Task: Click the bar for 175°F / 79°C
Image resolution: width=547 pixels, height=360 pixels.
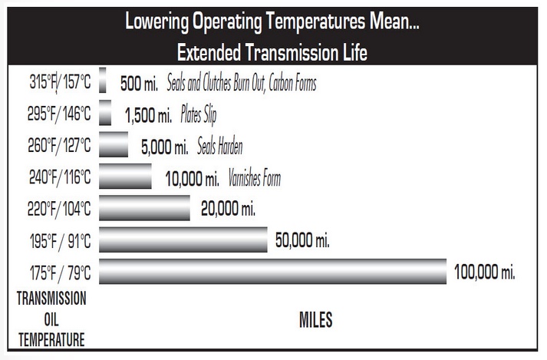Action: click(x=272, y=272)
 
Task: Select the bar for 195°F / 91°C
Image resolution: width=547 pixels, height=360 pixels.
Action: click(x=183, y=239)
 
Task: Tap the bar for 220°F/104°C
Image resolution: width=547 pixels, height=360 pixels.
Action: click(x=144, y=207)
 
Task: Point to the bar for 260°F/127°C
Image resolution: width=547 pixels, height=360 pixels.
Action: click(x=114, y=144)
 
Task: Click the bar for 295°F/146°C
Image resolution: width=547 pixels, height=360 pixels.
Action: click(x=105, y=113)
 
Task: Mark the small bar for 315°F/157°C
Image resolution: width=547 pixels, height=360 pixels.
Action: click(x=103, y=81)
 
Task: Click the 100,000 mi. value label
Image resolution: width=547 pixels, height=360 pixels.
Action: click(x=484, y=272)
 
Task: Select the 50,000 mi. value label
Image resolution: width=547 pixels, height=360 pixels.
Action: click(x=302, y=240)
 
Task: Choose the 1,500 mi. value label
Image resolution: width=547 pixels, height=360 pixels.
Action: click(x=149, y=116)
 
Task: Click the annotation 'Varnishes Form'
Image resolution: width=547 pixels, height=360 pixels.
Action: click(x=255, y=179)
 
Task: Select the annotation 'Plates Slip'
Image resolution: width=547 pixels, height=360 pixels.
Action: click(x=199, y=116)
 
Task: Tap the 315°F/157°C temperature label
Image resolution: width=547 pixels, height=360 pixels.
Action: click(x=54, y=82)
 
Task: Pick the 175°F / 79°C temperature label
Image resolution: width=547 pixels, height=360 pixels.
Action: click(x=54, y=272)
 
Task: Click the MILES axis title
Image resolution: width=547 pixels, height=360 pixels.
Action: click(x=315, y=319)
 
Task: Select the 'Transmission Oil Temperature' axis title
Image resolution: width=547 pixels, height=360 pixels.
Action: click(x=51, y=319)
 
